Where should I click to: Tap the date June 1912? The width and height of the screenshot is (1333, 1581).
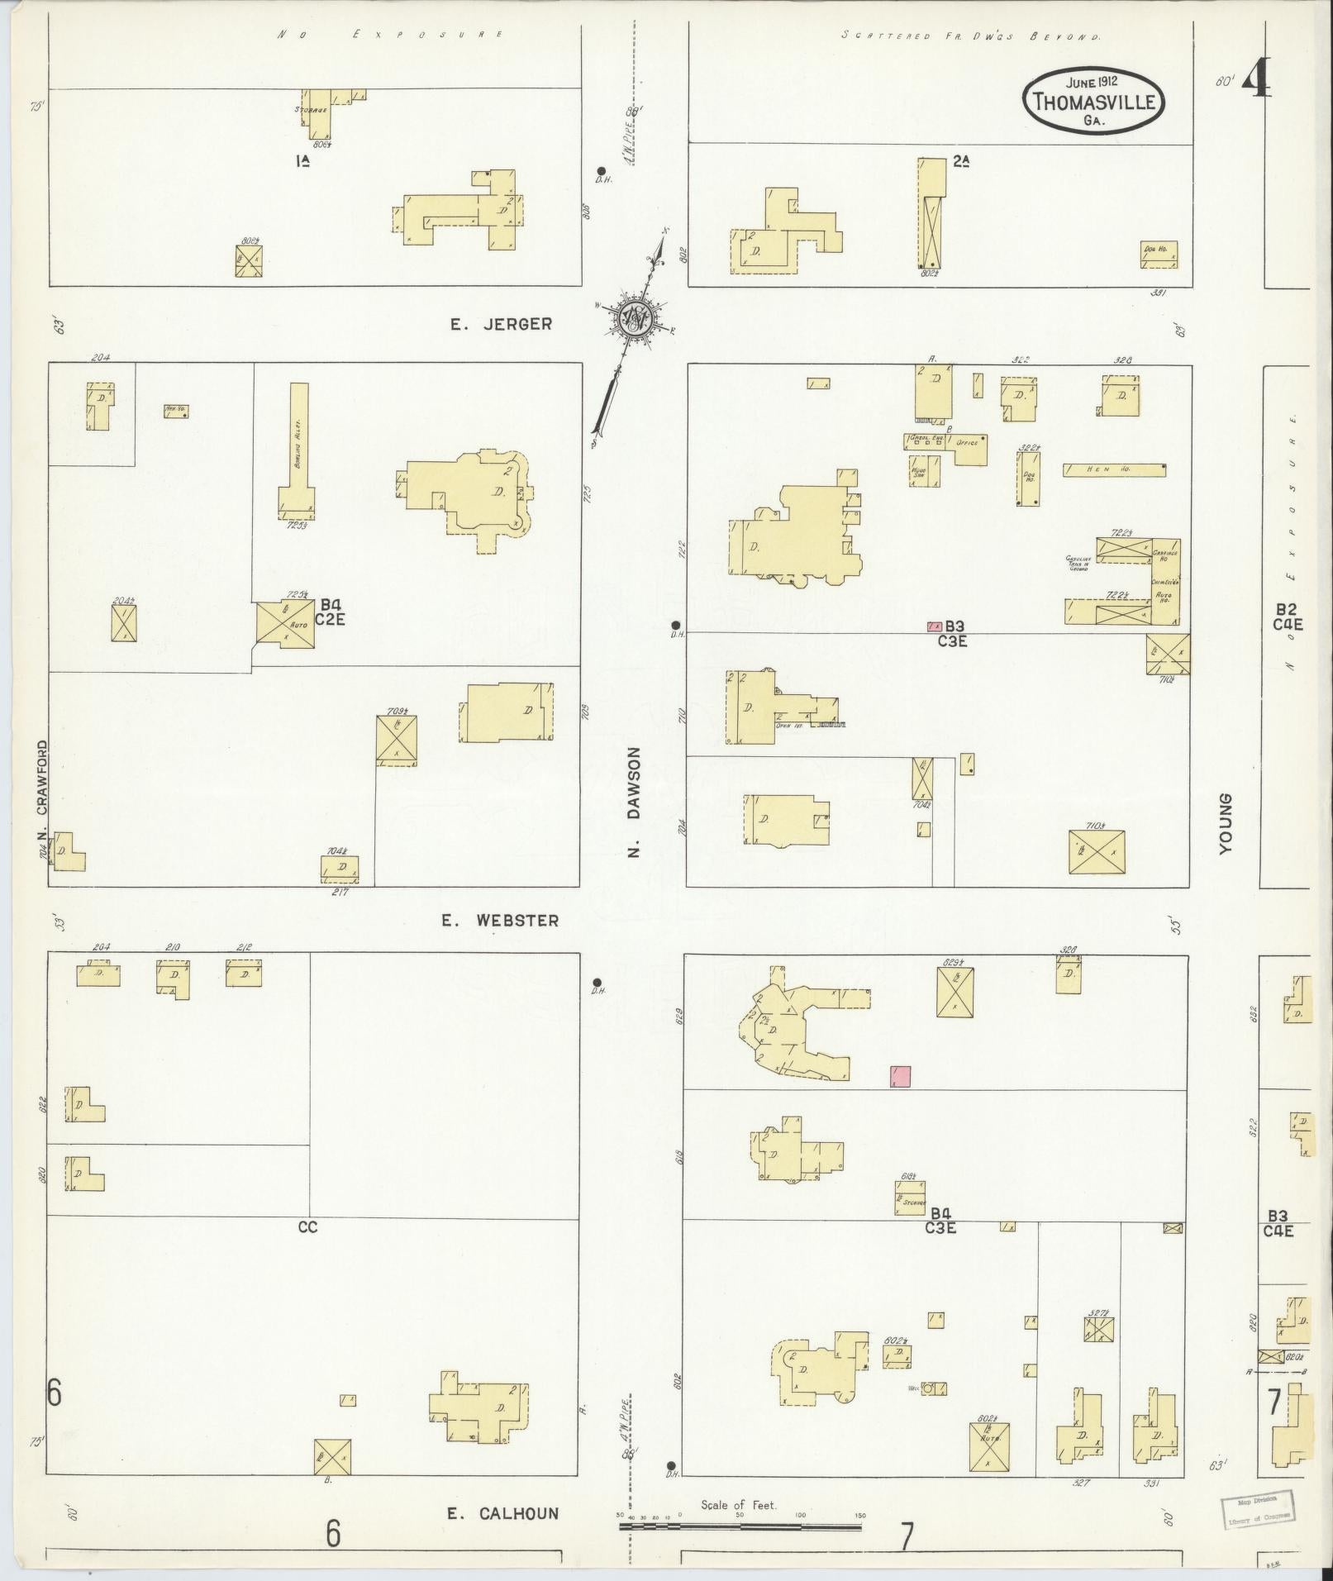tap(1092, 83)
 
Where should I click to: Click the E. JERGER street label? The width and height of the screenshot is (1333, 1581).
tap(501, 324)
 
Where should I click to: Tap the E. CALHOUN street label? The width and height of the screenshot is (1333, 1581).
tap(502, 1513)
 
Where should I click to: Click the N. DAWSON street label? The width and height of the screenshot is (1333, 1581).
tap(634, 802)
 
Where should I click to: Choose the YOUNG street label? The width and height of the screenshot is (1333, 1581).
tap(1225, 821)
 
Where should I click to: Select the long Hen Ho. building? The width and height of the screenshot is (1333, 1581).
tap(1114, 469)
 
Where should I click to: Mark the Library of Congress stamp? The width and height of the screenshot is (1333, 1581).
tap(1258, 1509)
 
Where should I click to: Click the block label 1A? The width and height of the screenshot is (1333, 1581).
tap(302, 162)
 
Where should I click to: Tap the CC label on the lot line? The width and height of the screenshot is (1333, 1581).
tap(307, 1227)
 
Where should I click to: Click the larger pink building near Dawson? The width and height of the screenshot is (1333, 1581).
tap(900, 1076)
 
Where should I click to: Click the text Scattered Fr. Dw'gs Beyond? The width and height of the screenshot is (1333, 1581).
tap(970, 36)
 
